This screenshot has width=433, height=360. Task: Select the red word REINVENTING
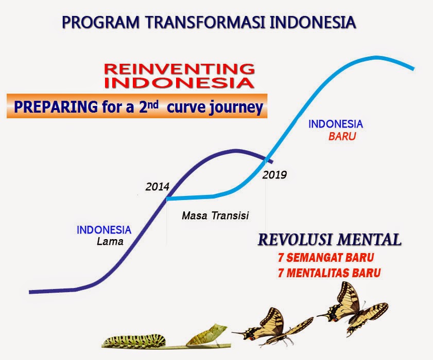coord(179,68)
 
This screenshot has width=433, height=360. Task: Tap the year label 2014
coord(157,187)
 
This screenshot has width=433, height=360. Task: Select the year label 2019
coord(274,175)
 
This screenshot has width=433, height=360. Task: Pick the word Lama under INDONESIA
coord(110,241)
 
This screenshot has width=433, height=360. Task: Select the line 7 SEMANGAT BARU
coord(325,257)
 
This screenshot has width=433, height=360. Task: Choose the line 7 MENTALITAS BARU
coord(329,273)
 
